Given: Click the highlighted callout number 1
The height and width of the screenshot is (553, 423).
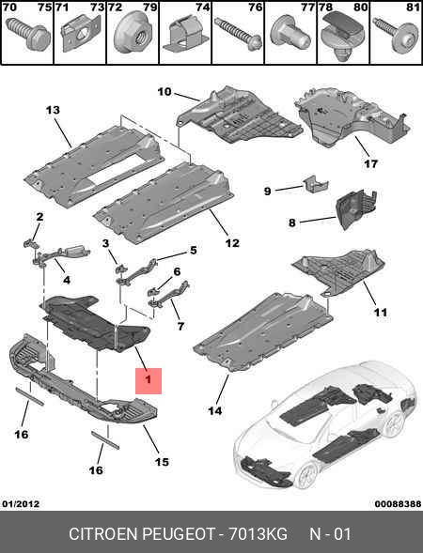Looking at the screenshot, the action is (x=149, y=380).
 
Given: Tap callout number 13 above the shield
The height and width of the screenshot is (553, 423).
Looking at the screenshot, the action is (x=53, y=110).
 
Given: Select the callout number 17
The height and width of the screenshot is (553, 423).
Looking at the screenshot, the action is (x=370, y=163).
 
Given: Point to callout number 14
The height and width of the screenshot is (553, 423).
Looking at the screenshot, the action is (x=215, y=410).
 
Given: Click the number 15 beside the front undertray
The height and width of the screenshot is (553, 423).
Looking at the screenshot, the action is (x=162, y=462).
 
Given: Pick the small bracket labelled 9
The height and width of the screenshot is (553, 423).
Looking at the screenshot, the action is (x=315, y=183).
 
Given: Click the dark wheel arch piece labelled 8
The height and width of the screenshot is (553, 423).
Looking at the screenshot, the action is (x=356, y=209).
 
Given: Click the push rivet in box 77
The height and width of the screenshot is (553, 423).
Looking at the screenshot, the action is (x=290, y=38).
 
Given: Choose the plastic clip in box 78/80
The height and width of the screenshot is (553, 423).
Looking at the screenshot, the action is (x=343, y=37).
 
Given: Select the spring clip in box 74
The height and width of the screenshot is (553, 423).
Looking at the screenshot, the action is (x=184, y=36).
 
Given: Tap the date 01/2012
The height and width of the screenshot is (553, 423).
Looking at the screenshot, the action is (x=21, y=504).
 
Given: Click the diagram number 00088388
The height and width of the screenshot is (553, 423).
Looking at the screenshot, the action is (x=398, y=504).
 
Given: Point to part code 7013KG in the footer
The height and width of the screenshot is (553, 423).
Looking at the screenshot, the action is (x=258, y=534).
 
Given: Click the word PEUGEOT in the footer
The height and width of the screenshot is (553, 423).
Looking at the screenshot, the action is (x=178, y=534).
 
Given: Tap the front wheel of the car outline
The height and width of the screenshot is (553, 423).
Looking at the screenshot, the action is (x=305, y=474).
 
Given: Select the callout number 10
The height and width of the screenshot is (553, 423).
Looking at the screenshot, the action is (x=164, y=92).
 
